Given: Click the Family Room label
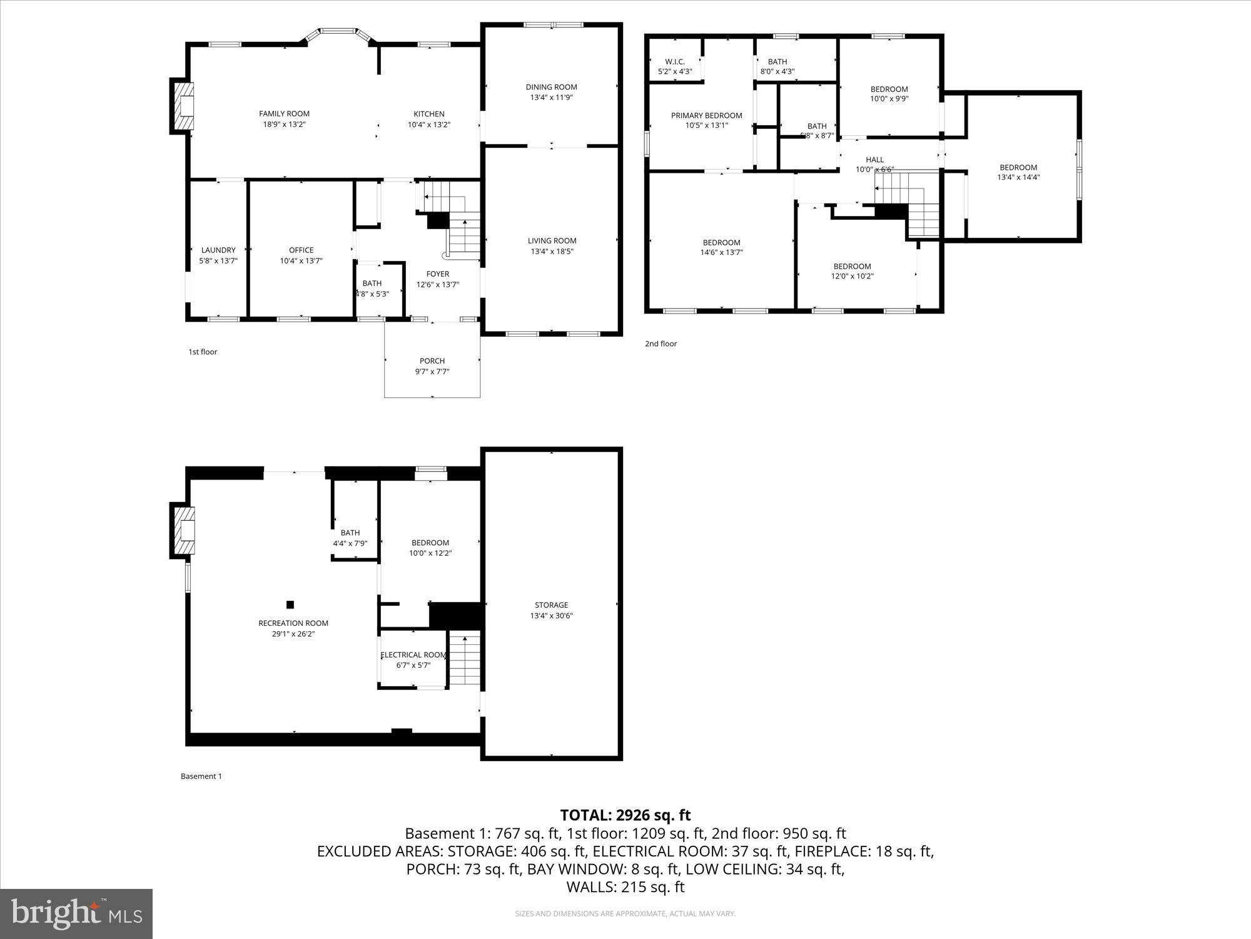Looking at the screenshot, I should coord(284,113).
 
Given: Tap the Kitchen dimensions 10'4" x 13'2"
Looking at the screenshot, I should coord(428,125).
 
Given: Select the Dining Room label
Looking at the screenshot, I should coord(551,87).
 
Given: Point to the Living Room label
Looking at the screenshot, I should coord(552,240).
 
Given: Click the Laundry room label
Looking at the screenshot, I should coord(218,250).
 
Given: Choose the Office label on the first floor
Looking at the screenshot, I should coord(301,250).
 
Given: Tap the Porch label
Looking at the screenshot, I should coord(432,361).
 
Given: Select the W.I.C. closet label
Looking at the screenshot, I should coord(674,61).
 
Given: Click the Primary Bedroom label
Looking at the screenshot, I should coord(706,115).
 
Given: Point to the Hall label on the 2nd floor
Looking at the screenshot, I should coord(874,160).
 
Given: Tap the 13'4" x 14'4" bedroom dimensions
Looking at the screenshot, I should coord(1018,177).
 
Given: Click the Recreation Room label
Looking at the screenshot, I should coord(293,623).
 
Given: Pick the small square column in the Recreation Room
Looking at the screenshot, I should coord(290,604).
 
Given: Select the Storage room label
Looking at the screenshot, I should coord(551,605).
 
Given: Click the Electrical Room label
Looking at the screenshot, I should coord(413,655).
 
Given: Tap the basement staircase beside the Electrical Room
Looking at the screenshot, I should coord(465,660).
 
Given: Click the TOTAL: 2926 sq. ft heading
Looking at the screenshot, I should coord(625,815).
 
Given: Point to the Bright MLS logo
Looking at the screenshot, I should coord(76,914).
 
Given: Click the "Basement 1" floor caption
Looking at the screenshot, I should coord(201,776).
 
